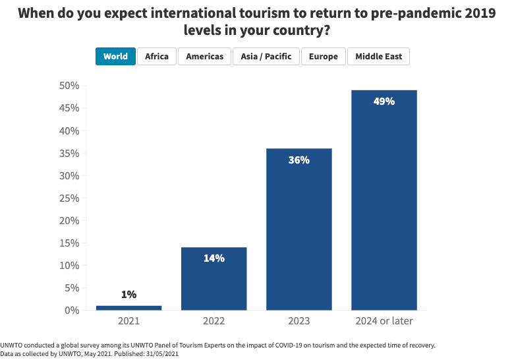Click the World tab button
click(115, 56)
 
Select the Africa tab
click(157, 56)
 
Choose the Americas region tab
click(204, 56)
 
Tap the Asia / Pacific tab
click(266, 56)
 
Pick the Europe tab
click(324, 56)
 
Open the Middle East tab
click(378, 56)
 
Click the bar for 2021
click(128, 307)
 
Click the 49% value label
click(384, 102)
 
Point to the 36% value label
click(299, 160)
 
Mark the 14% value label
click(214, 258)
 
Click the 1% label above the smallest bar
click(128, 295)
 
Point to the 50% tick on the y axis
click(69, 86)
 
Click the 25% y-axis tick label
click(69, 198)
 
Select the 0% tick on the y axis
click(72, 310)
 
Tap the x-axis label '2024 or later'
click(384, 321)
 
